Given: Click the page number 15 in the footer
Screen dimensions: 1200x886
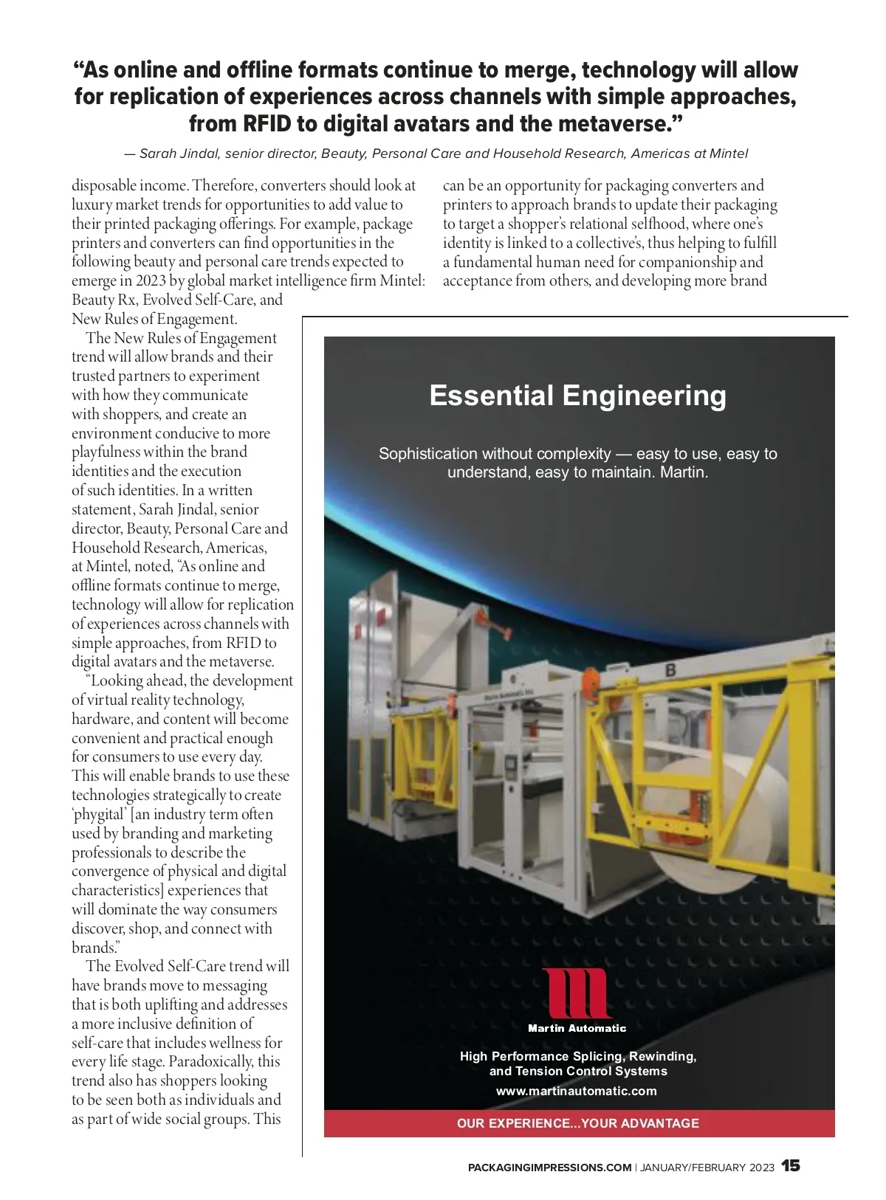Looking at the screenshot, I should (791, 1166).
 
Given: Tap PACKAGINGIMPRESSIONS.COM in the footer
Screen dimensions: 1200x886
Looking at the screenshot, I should (549, 1168).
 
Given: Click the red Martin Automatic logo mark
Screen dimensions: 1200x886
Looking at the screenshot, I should (577, 993).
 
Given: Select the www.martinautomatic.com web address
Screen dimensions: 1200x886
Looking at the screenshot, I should (577, 1091).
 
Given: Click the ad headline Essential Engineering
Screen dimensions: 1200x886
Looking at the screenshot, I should (577, 396).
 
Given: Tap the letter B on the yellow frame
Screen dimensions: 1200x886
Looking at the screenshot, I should (671, 670).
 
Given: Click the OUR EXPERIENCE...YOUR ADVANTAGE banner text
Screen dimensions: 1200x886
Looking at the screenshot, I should (577, 1123).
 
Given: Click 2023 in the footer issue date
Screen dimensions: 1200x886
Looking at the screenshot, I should (762, 1168).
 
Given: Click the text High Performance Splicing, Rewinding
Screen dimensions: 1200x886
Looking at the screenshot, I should (577, 1056).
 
